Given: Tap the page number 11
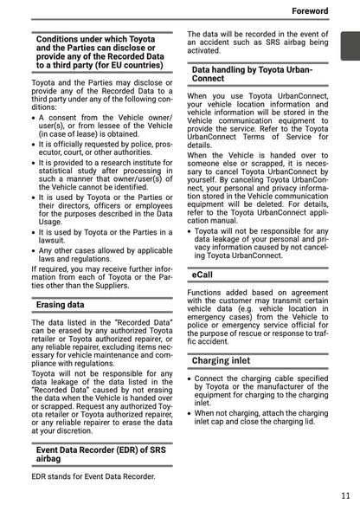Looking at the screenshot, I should click(x=345, y=495).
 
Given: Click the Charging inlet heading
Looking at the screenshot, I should click(x=222, y=359).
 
